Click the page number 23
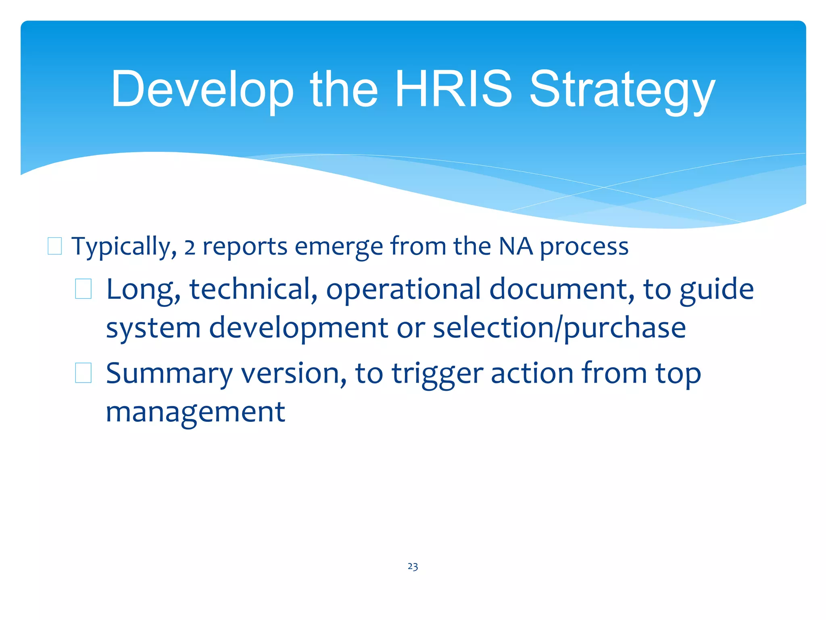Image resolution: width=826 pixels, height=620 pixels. click(413, 567)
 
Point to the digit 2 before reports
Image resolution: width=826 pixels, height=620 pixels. click(190, 247)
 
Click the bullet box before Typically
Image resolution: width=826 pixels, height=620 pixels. click(55, 246)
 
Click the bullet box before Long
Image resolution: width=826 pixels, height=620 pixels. click(83, 289)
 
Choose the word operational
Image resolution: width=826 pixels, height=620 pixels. click(403, 290)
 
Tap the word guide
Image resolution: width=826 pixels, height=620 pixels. click(716, 290)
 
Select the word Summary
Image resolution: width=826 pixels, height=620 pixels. click(169, 374)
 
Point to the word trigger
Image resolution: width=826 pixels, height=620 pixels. click(437, 374)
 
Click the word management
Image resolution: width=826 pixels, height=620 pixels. click(195, 413)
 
